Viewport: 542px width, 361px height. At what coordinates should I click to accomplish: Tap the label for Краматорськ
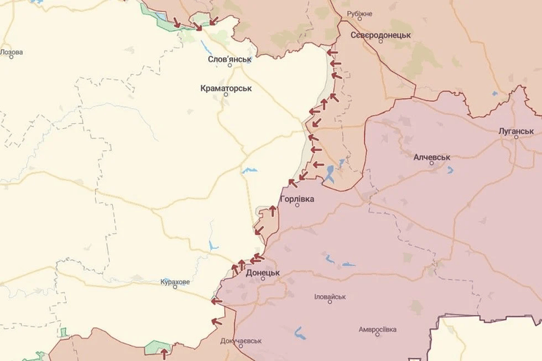point(226,87)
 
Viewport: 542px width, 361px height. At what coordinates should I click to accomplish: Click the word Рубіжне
point(360,14)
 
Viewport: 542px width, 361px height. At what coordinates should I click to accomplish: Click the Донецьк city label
point(263,272)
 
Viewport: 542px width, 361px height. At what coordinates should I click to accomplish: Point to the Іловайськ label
point(329,297)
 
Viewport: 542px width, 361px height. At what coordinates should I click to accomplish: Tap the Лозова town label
point(11,52)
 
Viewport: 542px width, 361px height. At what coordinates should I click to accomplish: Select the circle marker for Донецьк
point(263,279)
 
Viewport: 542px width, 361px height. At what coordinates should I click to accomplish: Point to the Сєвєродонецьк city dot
point(380,42)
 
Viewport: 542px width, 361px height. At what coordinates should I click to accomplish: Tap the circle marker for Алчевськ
point(431,165)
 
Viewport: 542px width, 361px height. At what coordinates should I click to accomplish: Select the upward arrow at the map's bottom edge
point(164,353)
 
